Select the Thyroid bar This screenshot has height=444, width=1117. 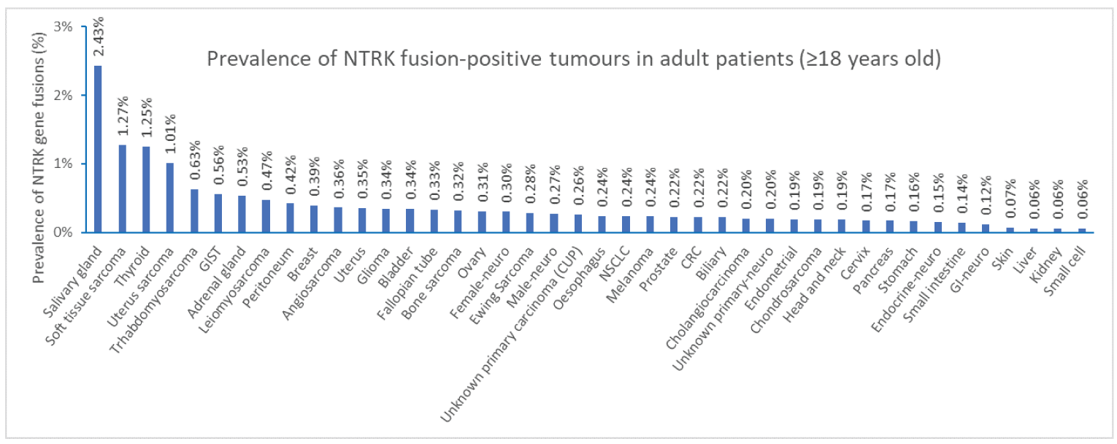coord(146,189)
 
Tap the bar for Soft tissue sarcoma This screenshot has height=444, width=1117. coord(122,188)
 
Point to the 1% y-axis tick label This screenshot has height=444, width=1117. coord(64,164)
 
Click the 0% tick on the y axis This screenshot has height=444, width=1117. coord(64,232)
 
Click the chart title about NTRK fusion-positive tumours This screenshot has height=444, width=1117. coord(574,58)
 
